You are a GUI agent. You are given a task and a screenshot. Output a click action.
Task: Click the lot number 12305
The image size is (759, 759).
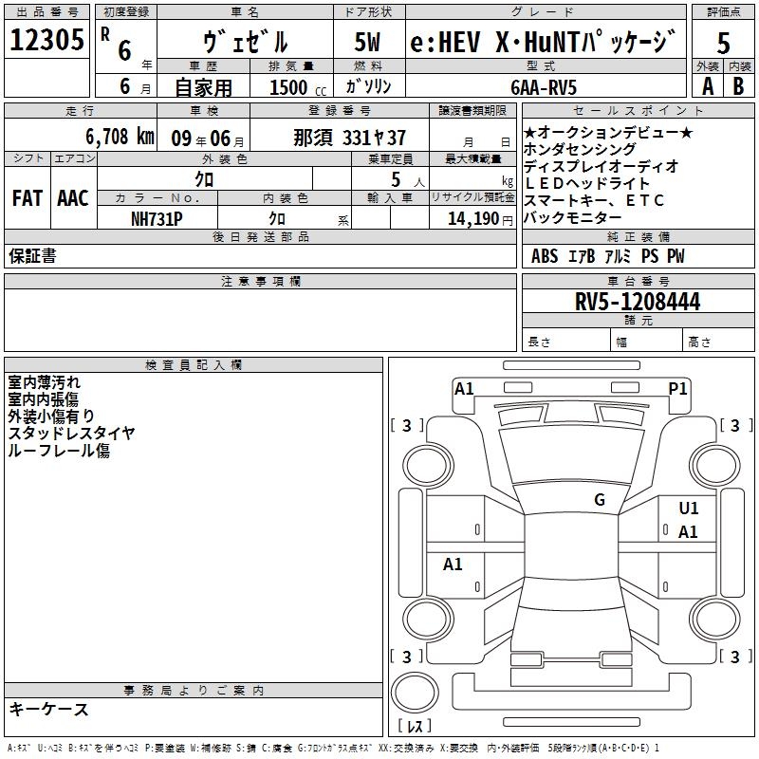[x=46, y=40]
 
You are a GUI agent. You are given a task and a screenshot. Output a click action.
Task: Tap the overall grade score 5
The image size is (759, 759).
[x=723, y=43]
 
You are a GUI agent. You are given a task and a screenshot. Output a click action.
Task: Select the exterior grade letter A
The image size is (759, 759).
[x=708, y=86]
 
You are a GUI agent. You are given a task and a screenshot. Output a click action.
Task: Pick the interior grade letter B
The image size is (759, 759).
[x=738, y=86]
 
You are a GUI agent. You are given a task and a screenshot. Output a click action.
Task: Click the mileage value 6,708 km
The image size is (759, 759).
[x=120, y=137]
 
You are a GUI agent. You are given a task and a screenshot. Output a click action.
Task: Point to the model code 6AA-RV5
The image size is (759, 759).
[x=544, y=87]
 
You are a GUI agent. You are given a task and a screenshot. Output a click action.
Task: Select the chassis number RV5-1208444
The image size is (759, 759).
[x=638, y=302]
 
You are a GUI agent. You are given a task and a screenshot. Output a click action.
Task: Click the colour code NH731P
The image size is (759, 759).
[x=157, y=219]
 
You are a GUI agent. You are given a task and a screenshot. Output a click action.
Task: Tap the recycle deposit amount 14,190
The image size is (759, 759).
[x=473, y=219]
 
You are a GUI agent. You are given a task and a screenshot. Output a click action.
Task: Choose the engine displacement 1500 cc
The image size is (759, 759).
[x=298, y=87]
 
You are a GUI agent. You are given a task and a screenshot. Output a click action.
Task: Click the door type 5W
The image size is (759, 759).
[x=367, y=42]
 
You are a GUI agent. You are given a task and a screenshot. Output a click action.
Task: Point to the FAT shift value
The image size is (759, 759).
[x=28, y=198]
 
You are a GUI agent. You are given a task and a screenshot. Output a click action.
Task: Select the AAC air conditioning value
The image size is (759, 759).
[x=73, y=198]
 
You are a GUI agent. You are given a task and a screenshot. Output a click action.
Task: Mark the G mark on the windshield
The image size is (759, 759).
[x=600, y=499]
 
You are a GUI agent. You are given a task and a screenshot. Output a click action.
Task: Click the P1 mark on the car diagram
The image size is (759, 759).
[x=677, y=389]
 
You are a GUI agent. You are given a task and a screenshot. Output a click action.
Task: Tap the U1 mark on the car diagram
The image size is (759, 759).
[x=689, y=509]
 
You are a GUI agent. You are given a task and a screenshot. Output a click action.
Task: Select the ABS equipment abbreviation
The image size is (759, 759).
[x=545, y=256]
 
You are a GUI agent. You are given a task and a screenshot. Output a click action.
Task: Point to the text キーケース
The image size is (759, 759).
[x=48, y=710]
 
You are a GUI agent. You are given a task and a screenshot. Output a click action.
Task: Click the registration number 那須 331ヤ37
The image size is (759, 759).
[x=349, y=138]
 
